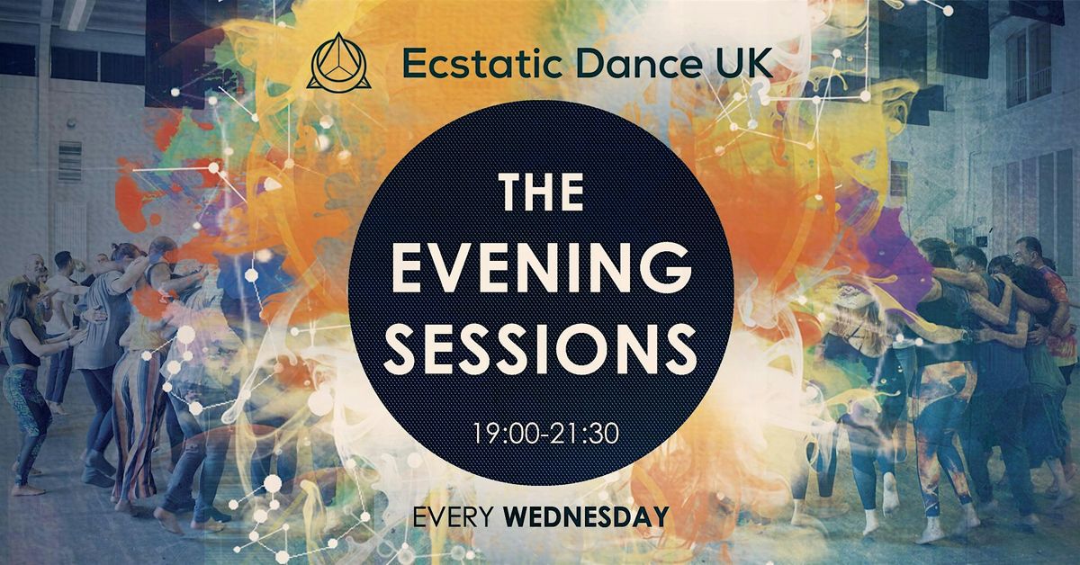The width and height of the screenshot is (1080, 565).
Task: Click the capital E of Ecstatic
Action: (412, 64)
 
